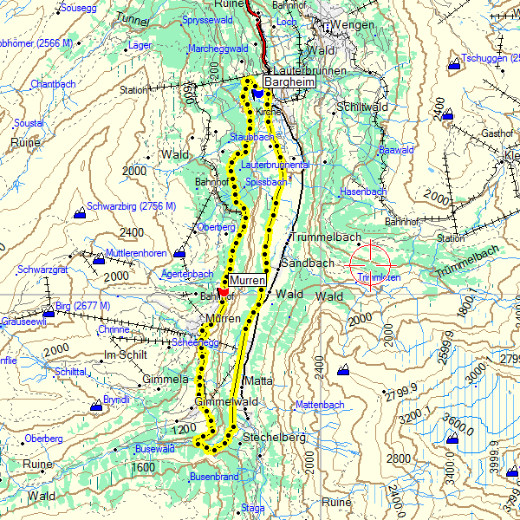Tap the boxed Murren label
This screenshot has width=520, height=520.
[x=246, y=281]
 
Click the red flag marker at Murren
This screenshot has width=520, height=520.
[x=223, y=291]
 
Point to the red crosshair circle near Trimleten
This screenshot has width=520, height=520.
[x=371, y=264]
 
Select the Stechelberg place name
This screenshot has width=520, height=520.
[x=275, y=438]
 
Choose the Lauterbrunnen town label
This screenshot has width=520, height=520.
[x=309, y=70]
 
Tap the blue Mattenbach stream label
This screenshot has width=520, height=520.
[x=320, y=405]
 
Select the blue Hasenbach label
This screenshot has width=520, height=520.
[x=362, y=191]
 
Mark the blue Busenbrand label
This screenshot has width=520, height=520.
[x=214, y=477]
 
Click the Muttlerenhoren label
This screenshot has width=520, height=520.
[x=136, y=253]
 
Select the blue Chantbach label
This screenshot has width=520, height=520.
[x=54, y=84]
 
